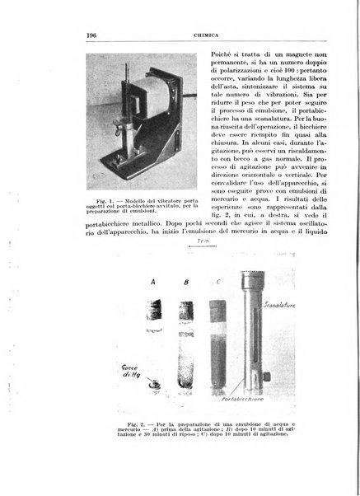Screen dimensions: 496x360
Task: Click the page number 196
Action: (x=91, y=35)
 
